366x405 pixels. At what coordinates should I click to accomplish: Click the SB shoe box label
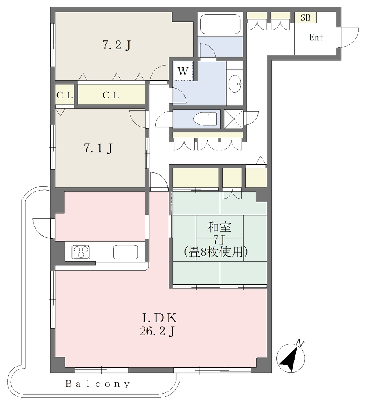click(305, 17)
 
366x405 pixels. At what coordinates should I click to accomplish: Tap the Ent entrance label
click(316, 38)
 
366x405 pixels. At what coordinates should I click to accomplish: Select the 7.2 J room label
click(116, 46)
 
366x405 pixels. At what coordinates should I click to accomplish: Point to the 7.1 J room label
click(98, 149)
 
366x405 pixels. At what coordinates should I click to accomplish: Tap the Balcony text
click(98, 384)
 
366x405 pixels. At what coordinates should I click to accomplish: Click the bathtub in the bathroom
click(220, 24)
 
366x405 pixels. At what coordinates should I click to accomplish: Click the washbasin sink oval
click(235, 84)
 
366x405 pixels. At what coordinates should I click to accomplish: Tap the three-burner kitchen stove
click(81, 252)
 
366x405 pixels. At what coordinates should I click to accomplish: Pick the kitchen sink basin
click(126, 252)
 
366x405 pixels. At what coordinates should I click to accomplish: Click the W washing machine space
click(183, 71)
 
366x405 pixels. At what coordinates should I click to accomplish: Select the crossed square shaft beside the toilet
click(233, 119)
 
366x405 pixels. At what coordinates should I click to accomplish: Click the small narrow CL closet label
click(64, 96)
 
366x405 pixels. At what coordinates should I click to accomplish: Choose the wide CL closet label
click(111, 95)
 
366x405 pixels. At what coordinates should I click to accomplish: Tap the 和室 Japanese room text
click(220, 227)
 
